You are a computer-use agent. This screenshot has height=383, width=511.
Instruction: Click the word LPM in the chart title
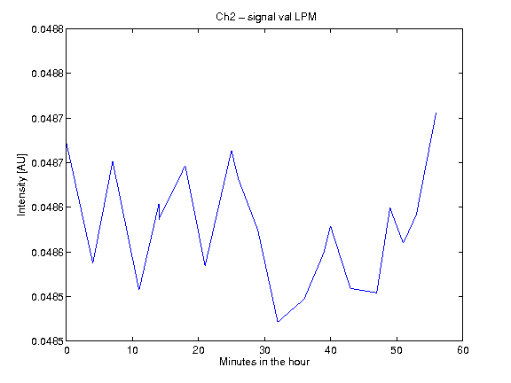click(x=305, y=17)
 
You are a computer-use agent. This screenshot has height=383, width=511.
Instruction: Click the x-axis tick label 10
click(x=133, y=350)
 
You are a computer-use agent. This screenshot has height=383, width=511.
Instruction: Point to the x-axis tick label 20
click(x=199, y=350)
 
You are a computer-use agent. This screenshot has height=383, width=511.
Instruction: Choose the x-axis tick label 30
click(x=264, y=350)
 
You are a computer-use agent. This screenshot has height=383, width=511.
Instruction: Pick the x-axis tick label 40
click(x=330, y=350)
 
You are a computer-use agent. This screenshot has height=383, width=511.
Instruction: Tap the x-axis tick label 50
click(x=397, y=350)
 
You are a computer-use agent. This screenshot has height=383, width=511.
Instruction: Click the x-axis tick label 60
click(x=463, y=350)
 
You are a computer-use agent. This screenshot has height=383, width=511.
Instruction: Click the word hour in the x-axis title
click(x=298, y=362)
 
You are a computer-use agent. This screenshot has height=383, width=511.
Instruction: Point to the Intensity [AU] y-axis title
click(x=21, y=184)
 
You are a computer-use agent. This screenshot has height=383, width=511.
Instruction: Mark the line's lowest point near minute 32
click(x=278, y=322)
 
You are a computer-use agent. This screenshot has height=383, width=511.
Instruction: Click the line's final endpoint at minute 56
click(x=436, y=113)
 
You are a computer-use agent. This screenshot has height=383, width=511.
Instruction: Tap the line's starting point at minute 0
click(x=67, y=144)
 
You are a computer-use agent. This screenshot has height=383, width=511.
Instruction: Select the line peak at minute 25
click(x=232, y=151)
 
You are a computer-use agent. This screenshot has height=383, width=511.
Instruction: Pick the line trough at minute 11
click(x=138, y=289)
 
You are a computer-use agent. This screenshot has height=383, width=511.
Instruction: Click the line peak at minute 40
click(x=330, y=226)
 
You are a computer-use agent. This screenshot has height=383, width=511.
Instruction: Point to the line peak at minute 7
click(x=113, y=161)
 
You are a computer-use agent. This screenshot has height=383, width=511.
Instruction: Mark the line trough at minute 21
click(x=205, y=265)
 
